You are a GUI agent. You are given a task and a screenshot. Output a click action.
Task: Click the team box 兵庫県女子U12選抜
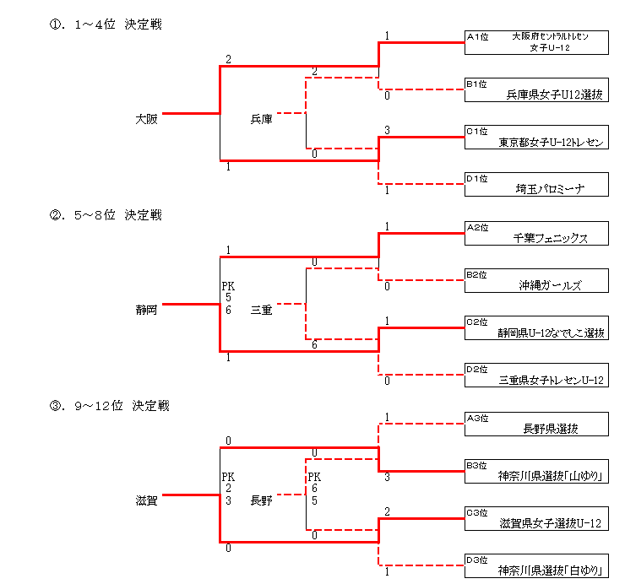[536, 90]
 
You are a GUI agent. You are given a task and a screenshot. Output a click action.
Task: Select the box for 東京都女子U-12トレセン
[536, 138]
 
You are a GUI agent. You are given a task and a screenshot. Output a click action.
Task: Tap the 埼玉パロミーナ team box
[536, 185]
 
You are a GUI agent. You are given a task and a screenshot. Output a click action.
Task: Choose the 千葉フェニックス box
[536, 234]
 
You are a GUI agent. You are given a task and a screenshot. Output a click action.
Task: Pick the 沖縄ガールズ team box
[536, 281]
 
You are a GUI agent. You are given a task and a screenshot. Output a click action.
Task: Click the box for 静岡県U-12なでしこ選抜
[536, 328]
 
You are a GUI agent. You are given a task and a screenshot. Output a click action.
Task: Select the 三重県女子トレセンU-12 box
[536, 376]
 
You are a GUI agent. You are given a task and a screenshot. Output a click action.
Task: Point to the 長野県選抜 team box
[536, 424]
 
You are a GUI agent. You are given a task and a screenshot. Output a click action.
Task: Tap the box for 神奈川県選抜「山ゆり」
[536, 471]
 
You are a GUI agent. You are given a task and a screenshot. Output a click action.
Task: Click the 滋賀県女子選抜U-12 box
[536, 519]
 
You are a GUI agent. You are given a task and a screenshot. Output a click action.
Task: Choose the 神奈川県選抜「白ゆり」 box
[536, 566]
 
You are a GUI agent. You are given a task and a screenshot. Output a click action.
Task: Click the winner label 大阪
[146, 119]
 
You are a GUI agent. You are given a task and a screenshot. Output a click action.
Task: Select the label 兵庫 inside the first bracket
[261, 119]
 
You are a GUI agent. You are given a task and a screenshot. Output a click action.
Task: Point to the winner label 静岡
[146, 310]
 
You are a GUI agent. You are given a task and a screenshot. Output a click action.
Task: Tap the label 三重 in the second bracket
[261, 311]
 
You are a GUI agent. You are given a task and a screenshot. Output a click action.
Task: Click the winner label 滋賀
[146, 500]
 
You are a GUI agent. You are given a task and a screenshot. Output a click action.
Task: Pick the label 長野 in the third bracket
[261, 500]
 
